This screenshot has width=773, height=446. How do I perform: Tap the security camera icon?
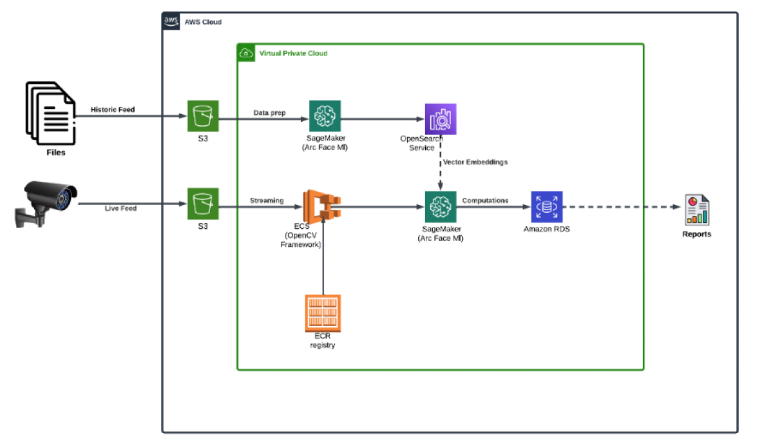pos(46,201)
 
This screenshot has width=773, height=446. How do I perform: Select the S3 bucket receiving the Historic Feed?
pos(204,116)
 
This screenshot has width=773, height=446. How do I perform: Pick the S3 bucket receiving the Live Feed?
pos(204,204)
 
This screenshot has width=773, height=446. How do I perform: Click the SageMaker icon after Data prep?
pos(325,116)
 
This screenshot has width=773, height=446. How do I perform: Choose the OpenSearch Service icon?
pos(441,119)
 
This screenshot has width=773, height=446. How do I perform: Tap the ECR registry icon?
pos(323,313)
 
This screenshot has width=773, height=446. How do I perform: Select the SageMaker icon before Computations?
pos(441,207)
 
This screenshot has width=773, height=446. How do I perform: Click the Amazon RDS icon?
pos(547,207)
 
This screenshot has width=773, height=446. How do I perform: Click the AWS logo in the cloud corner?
pos(171,21)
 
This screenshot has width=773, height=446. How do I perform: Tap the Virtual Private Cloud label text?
pos(292,53)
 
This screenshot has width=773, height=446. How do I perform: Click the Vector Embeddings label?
pos(475,162)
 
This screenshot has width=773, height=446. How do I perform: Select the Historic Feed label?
pos(113,110)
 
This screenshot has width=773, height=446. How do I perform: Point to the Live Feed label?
pos(120,208)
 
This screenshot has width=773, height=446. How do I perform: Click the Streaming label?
pos(267,200)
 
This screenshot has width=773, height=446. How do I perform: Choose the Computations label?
pos(485,200)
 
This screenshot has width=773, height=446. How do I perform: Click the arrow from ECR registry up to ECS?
pos(323,258)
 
